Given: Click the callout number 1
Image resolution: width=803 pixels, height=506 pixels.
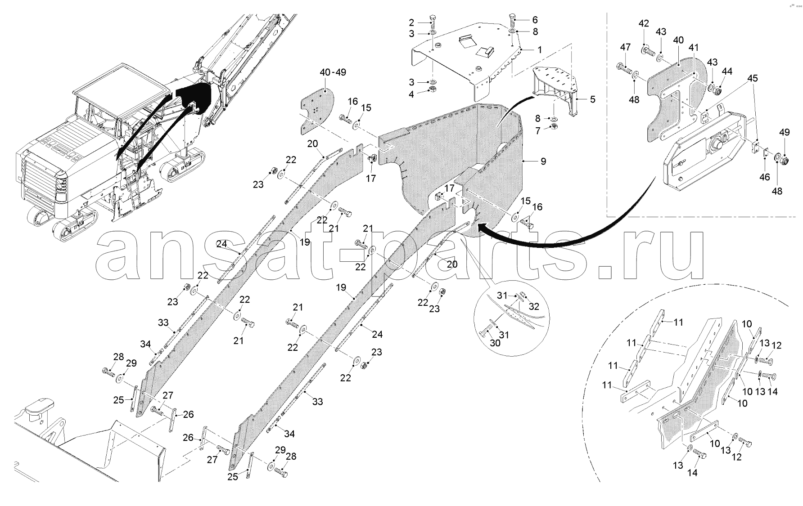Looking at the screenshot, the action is pyautogui.click(x=540, y=50).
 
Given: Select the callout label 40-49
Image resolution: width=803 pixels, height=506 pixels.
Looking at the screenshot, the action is pyautogui.click(x=333, y=72).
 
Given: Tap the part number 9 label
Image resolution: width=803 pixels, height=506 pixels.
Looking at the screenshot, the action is pyautogui.click(x=543, y=161).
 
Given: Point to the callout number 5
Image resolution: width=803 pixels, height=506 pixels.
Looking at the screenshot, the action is pyautogui.click(x=593, y=99).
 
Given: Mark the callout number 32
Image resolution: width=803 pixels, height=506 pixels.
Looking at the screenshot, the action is pyautogui.click(x=534, y=307).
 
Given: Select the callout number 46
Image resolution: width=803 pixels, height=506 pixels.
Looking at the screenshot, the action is pyautogui.click(x=765, y=177).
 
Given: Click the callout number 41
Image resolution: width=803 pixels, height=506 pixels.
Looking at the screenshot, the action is pyautogui.click(x=694, y=47).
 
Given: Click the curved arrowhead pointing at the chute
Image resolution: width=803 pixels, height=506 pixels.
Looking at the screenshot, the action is pyautogui.click(x=482, y=228).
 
